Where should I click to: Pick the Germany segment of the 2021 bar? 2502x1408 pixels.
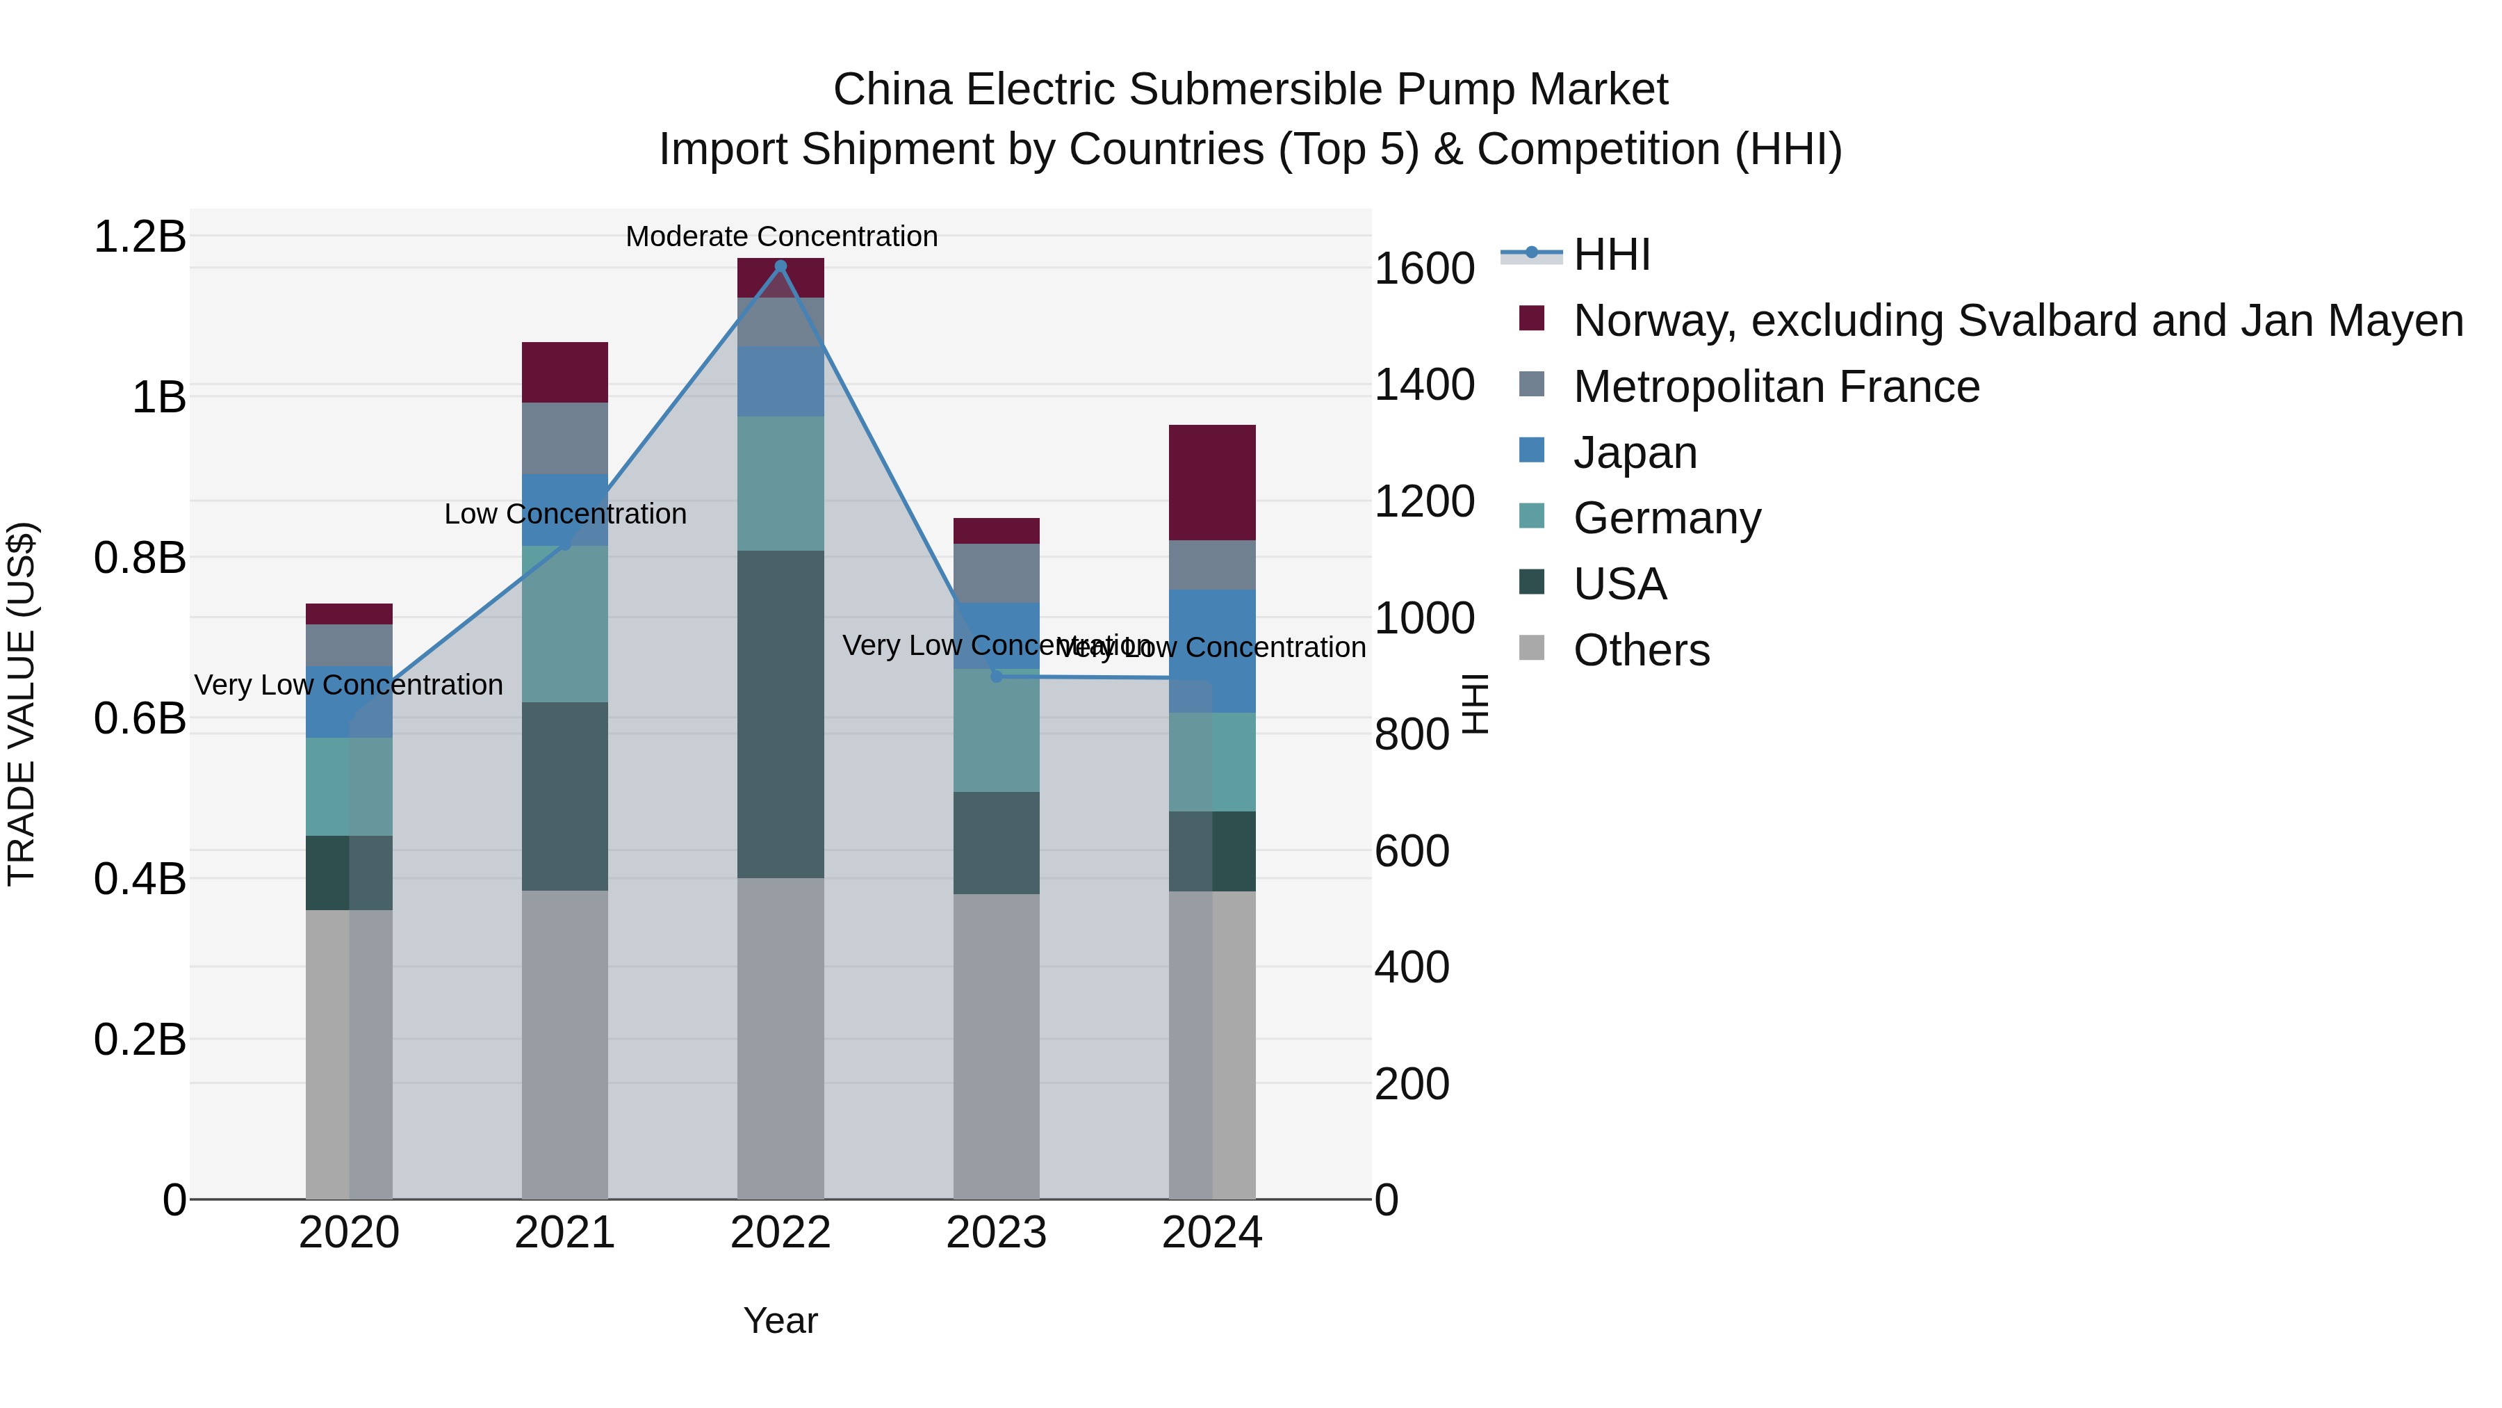[564, 624]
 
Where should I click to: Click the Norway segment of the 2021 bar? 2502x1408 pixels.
[564, 372]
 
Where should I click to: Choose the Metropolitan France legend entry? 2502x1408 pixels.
[1776, 387]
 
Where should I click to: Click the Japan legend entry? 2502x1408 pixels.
[1635, 453]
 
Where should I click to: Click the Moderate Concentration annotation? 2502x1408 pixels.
[781, 236]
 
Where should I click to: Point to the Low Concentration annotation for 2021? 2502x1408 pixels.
[564, 514]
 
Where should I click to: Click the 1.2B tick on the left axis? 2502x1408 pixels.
[139, 237]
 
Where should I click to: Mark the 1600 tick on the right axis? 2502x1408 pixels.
[1424, 268]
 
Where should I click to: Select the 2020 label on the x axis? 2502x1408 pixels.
[349, 1233]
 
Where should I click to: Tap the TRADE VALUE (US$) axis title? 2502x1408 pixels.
[22, 704]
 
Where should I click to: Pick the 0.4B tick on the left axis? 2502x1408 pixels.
[139, 878]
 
